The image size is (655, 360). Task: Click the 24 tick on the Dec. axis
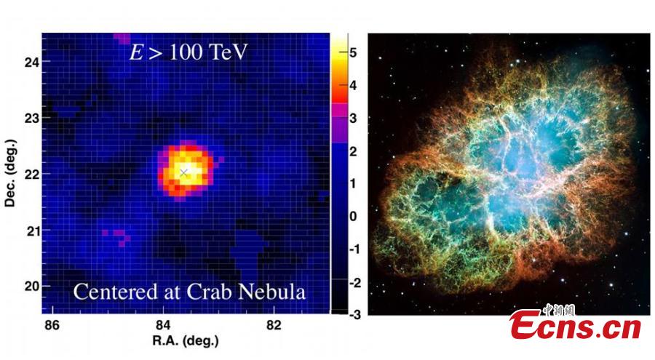31,62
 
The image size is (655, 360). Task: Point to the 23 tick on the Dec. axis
31,118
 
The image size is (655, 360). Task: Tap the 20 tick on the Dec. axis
31,286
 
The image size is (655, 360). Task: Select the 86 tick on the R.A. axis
52,324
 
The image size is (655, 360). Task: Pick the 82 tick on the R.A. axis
274,324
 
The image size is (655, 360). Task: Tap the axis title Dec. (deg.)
10,175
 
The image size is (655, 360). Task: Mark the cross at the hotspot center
184,172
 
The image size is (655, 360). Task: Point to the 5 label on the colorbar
353,53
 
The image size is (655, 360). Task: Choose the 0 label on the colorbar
353,216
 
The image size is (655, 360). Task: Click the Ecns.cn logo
575,324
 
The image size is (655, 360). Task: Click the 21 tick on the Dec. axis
31,231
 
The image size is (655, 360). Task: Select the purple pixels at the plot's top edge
122,37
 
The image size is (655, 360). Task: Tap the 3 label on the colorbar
353,119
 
